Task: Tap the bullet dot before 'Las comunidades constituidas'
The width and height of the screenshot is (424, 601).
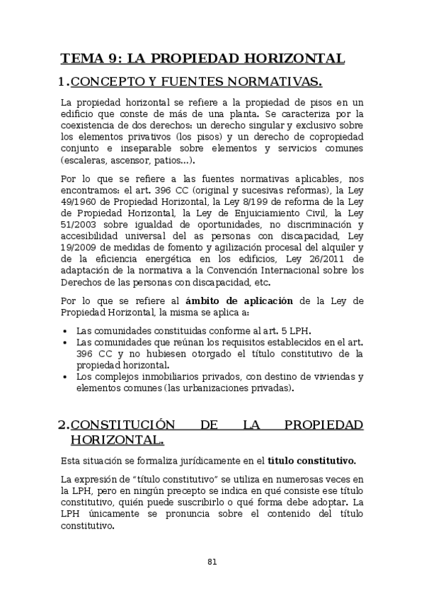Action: (x=65, y=331)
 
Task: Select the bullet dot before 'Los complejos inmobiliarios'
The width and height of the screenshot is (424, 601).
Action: (x=65, y=376)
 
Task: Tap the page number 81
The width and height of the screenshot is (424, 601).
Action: (x=212, y=561)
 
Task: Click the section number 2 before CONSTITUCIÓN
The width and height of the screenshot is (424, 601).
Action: (x=62, y=425)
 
